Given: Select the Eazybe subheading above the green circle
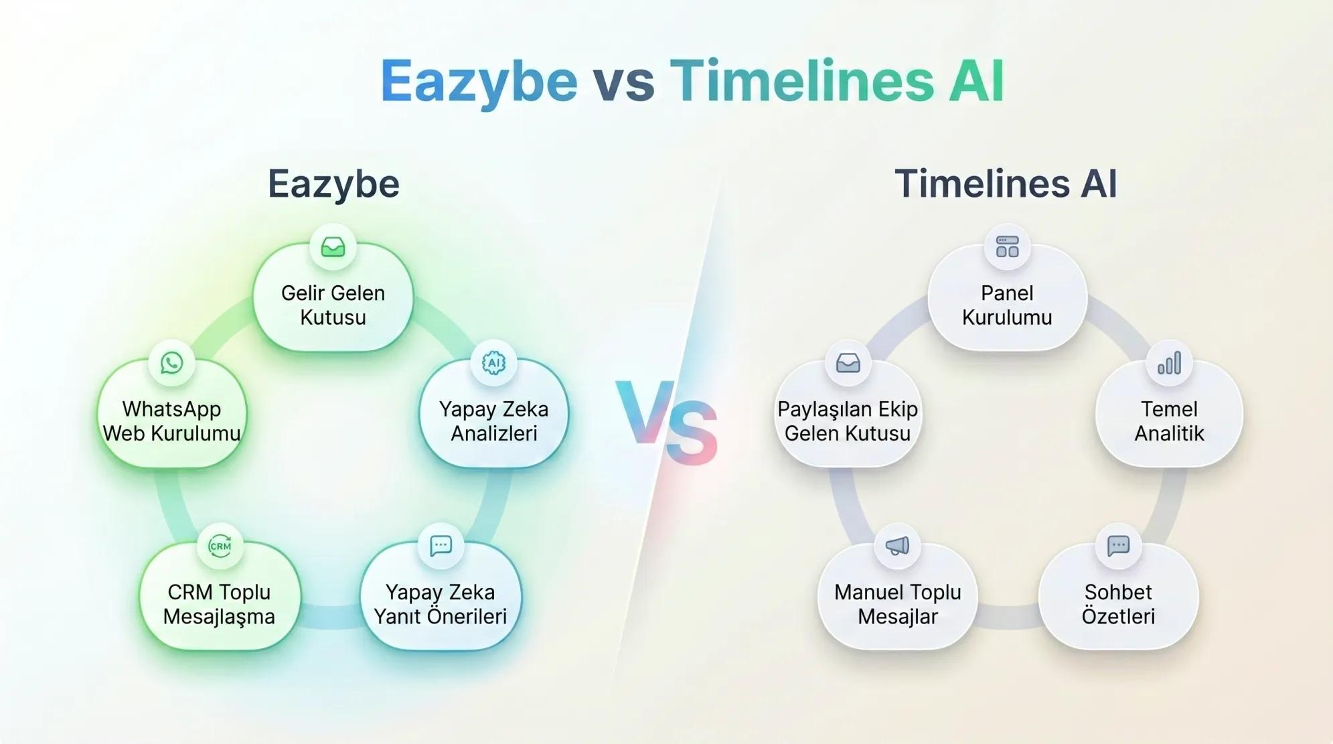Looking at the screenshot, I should pos(333,183).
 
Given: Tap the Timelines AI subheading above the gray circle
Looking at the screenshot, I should pos(1006,183).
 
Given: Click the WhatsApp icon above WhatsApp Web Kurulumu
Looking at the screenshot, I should pos(171,363).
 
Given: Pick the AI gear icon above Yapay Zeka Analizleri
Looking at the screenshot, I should pos(493,363).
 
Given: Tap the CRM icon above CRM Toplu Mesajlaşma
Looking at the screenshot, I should pos(220,546).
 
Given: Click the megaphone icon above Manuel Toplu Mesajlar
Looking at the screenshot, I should pos(897,546).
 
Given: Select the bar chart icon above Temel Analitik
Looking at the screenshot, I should pos(1169,364).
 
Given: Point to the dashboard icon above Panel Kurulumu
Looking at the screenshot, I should pos(1007,246).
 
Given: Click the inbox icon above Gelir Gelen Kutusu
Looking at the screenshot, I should pos(333,247).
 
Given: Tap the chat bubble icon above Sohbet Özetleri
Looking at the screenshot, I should pos(1118,546).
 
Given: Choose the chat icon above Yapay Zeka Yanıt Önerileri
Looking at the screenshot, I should pos(441,546).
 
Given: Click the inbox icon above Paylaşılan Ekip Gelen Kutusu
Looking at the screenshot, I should pos(848,363).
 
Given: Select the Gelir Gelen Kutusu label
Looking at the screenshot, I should pos(333,305).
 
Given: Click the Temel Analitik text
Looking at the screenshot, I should pos(1169,421).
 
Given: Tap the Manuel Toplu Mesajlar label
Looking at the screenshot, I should pos(897,604).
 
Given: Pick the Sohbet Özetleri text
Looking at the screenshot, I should pos(1118,604).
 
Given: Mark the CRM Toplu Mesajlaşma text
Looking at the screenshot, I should pos(219,604).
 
